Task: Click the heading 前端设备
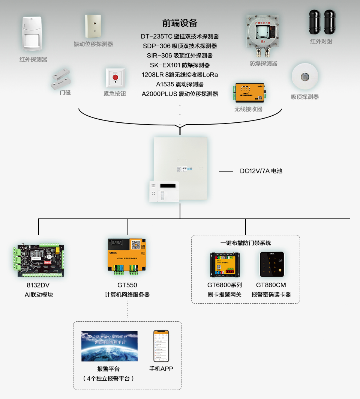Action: [x=180, y=23]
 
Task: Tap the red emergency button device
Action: [x=115, y=78]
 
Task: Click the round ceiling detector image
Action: [x=305, y=77]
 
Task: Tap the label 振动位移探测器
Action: [x=93, y=44]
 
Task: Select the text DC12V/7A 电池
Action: [x=261, y=171]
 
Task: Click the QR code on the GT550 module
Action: [x=136, y=245]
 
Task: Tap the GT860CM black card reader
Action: [x=272, y=264]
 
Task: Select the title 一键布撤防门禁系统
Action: [x=246, y=243]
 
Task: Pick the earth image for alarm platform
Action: [x=109, y=346]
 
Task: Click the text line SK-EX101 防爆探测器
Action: [x=180, y=65]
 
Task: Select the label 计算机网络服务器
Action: [x=127, y=295]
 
